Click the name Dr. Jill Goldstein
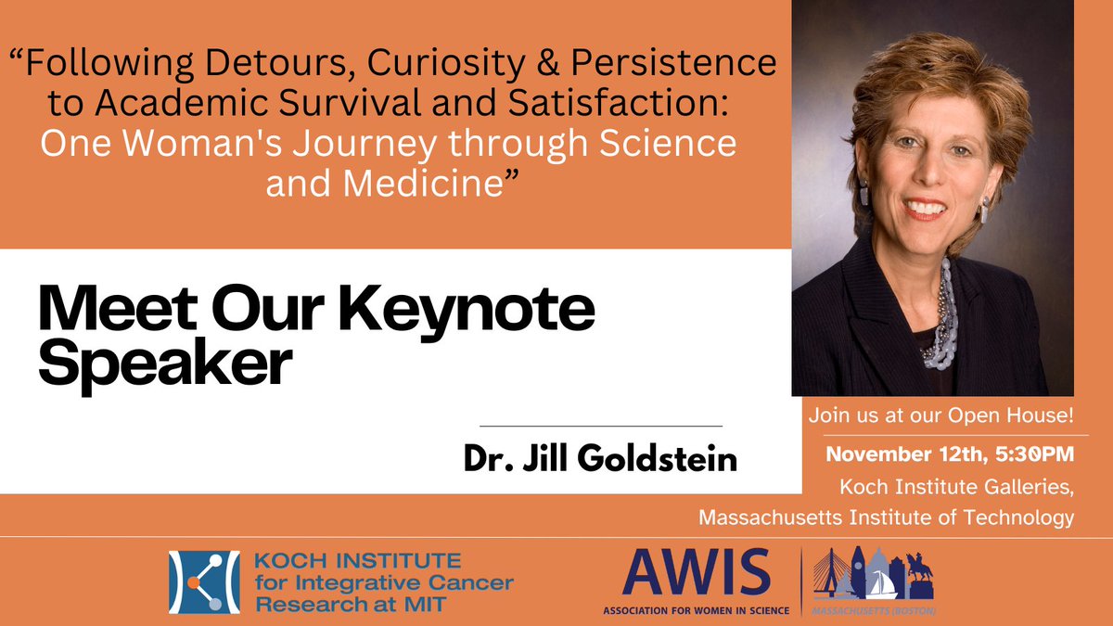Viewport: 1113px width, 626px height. (602, 458)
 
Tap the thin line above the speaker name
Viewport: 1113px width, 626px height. (601, 426)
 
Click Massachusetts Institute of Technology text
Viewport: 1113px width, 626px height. (887, 517)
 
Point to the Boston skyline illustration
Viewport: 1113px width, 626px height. (873, 577)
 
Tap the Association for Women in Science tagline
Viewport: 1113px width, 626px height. (696, 611)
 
